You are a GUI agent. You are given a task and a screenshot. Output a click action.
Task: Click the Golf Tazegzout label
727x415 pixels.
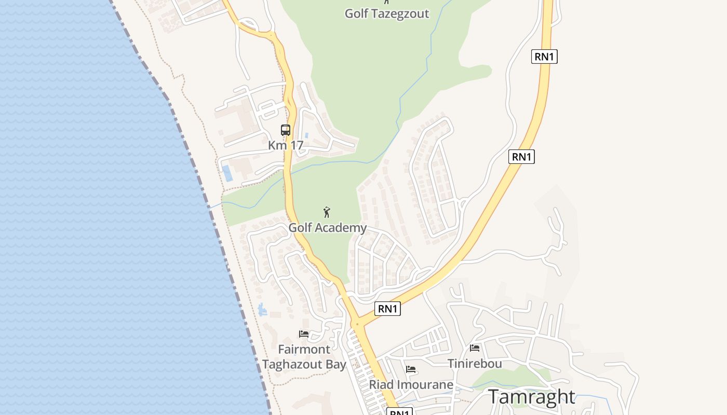click(387, 13)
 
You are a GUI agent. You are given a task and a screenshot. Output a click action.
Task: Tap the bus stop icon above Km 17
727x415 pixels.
click(286, 130)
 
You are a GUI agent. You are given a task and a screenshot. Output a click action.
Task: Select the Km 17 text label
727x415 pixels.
click(286, 145)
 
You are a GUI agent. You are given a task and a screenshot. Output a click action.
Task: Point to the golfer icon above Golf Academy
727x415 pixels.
click(327, 212)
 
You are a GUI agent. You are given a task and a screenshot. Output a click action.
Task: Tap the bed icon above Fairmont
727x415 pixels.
click(304, 334)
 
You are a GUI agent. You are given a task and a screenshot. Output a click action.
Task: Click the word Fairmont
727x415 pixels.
click(304, 349)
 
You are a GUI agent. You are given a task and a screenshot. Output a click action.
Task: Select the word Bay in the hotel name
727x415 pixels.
click(336, 365)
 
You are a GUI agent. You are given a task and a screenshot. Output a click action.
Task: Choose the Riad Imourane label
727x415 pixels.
click(411, 385)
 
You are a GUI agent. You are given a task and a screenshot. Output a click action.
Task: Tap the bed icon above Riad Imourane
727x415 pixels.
click(411, 369)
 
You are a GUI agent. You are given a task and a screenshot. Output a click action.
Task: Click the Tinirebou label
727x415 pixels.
click(475, 364)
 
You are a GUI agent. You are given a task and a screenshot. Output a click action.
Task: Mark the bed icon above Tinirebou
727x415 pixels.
click(475, 348)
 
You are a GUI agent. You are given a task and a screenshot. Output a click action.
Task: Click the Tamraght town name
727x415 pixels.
click(531, 397)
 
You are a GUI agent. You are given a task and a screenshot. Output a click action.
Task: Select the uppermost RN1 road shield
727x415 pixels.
click(544, 57)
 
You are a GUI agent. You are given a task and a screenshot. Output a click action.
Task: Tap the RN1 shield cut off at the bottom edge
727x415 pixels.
click(399, 412)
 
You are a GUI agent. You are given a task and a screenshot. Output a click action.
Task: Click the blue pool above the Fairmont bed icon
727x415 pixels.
click(262, 310)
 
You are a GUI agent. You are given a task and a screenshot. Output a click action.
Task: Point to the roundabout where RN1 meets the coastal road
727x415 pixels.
click(357, 324)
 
